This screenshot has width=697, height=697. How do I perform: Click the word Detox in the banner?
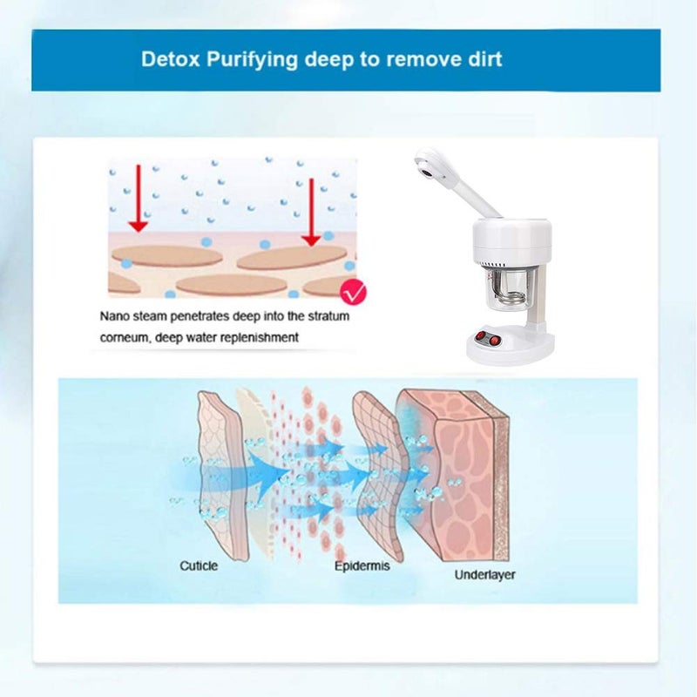[x=170, y=59]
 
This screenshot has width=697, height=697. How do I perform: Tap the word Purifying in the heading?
[x=252, y=60]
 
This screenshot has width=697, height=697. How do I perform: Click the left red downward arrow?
[x=139, y=199]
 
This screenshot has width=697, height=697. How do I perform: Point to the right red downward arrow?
[x=311, y=212]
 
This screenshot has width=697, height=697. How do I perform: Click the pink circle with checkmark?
[x=353, y=292]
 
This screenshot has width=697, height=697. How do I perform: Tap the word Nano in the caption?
[x=115, y=316]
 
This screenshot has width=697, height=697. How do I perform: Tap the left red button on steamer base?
[x=480, y=336]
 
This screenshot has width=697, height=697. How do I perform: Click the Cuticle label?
[x=199, y=565]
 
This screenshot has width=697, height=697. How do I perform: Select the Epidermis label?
[x=362, y=566]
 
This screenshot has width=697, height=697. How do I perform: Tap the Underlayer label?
[x=484, y=575]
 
